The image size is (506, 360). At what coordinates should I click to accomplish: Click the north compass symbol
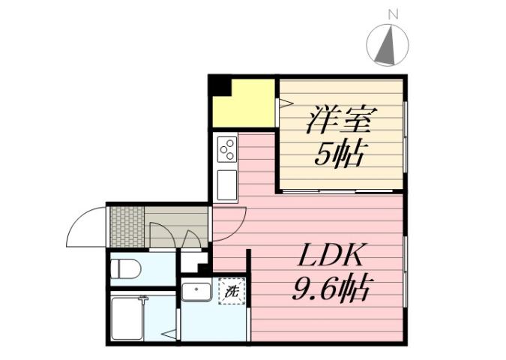click(x=387, y=45)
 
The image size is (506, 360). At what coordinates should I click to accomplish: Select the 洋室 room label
click(x=340, y=120)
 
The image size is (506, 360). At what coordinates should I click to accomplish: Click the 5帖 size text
click(x=339, y=154)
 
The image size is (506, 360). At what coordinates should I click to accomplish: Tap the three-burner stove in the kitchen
click(x=226, y=148)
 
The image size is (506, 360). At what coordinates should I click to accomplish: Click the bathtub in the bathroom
click(x=126, y=318)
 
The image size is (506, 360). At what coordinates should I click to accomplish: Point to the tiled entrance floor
click(x=127, y=223)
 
